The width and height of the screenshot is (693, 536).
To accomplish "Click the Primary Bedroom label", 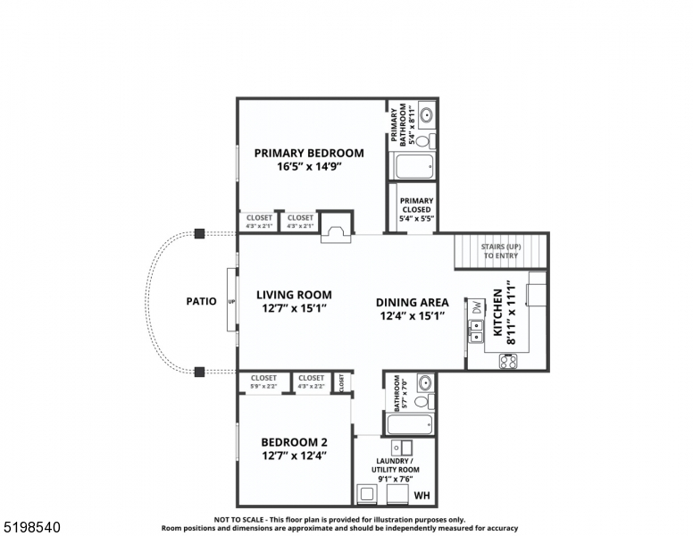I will tap(309, 153).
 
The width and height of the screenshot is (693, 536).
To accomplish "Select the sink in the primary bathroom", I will tap(425, 115).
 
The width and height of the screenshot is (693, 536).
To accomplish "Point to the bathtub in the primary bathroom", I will tap(413, 166).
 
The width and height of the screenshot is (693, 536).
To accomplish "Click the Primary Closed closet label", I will tap(416, 209).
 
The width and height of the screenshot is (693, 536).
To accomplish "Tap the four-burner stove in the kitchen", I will tap(507, 362).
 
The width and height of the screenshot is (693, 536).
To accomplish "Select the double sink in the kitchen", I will tap(476, 331).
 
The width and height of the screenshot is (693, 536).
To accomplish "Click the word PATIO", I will tap(201, 301).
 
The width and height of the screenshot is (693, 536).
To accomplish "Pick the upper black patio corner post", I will tap(199, 233).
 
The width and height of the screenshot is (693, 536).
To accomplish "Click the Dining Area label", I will tap(412, 302).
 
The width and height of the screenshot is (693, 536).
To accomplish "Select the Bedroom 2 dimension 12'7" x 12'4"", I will tap(294, 456).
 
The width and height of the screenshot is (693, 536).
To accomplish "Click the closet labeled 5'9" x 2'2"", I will tap(263, 381).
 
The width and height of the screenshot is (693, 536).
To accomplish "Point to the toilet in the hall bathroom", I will tap(422, 401).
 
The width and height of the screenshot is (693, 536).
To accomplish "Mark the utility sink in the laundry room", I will tap(405, 448).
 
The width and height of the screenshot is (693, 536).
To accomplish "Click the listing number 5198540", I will tap(31, 527).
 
